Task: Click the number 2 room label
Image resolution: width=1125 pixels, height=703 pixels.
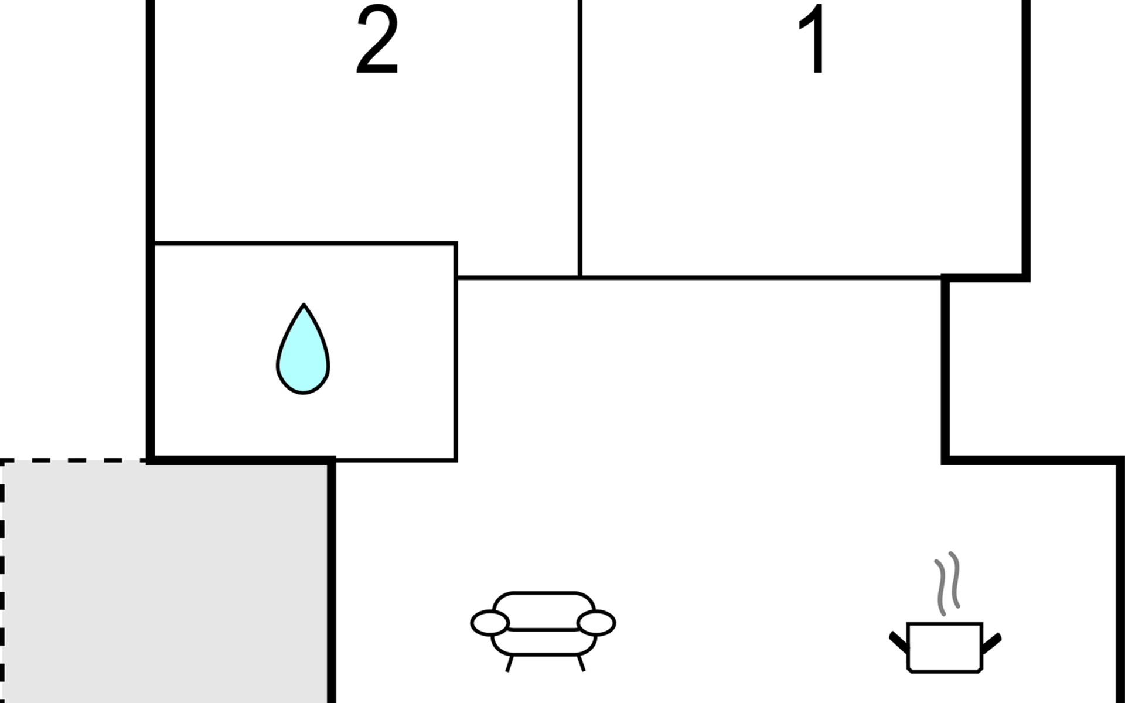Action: tap(377, 40)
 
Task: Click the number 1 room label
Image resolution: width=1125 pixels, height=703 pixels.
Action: tap(813, 40)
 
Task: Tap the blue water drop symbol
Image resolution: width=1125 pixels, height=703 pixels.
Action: tap(303, 349)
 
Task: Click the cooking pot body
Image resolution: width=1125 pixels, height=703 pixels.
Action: tap(945, 647)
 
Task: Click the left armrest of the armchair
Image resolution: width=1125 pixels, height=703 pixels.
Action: tap(490, 623)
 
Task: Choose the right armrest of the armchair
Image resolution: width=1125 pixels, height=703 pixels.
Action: tap(596, 623)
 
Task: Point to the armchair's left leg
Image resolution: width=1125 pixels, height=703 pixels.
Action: tap(510, 663)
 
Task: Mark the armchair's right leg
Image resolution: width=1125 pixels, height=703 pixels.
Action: tap(581, 663)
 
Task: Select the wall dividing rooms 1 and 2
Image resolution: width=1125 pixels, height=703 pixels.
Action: tap(579, 138)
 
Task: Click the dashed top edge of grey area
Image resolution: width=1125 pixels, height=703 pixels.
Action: tap(73, 461)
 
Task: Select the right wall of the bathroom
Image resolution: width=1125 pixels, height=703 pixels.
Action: tap(456, 351)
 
